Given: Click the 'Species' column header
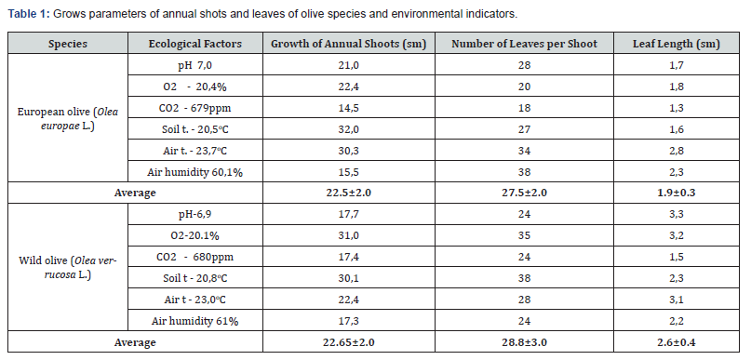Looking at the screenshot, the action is pos(68,44).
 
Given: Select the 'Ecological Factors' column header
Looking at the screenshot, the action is pos(194,44).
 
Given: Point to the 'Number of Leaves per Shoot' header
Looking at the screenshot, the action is pos(525,44).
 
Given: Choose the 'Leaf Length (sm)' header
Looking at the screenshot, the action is pos(677,44).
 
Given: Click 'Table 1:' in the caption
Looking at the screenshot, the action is pos(29,14).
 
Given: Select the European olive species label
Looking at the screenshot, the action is pos(68,118).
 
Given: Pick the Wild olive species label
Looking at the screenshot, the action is pos(68,267).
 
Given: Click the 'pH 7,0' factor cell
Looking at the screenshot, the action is pos(194,65).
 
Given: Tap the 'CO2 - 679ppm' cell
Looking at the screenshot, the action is pos(194,108).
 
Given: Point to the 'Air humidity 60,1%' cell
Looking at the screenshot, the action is pos(194,172).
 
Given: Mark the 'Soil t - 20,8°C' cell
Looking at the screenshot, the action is pos(194,278).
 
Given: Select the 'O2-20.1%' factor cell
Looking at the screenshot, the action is pos(194,235).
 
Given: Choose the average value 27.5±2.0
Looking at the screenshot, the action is pos(525,193).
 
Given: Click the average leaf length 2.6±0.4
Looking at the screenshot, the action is pos(677,342).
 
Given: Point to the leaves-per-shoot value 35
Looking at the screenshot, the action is pos(525,235).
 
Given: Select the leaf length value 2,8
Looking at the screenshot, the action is pos(677,151).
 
